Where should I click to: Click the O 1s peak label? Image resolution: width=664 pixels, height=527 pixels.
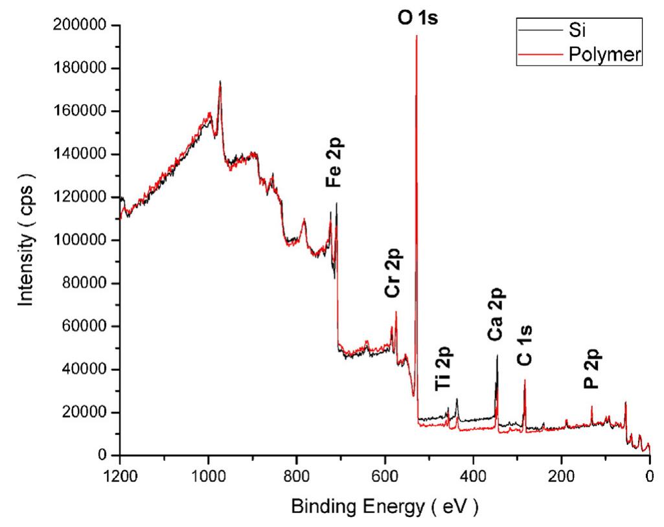pos(417,17)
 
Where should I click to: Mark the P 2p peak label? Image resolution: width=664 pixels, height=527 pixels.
pos(592,369)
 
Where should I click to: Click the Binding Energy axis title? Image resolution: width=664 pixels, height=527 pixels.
pos(385,505)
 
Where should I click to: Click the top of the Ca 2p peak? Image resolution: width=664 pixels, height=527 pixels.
pos(497,355)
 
